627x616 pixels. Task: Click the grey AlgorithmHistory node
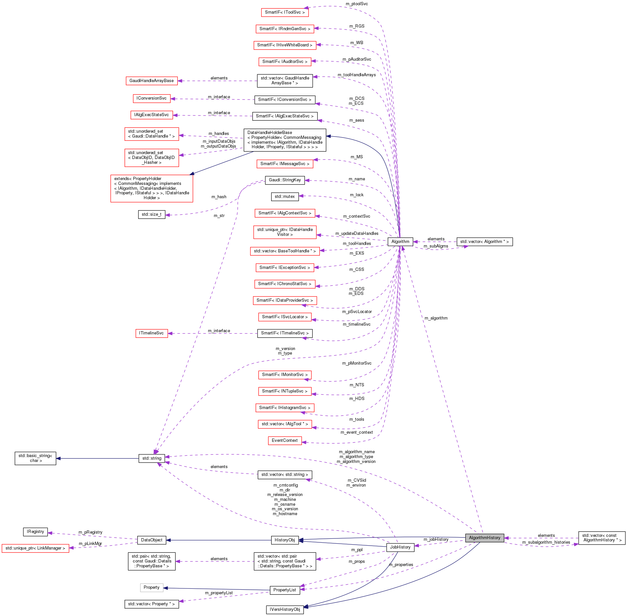484,538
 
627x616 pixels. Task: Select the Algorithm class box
400,242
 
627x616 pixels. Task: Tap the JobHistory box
400,547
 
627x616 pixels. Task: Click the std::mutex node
284,197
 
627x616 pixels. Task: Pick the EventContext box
284,441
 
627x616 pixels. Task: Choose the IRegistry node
35,532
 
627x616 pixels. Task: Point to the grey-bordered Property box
151,587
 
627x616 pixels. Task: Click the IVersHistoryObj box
284,610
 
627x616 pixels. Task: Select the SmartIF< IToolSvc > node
284,12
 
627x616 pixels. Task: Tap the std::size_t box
151,214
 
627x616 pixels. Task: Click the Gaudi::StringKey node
284,180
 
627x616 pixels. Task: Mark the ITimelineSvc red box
151,333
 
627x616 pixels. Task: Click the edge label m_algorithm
436,318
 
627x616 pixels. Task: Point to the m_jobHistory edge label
436,539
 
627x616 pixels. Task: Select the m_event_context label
356,432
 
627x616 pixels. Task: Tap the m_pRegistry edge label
90,532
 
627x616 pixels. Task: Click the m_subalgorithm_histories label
546,542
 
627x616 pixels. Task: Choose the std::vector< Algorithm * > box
484,242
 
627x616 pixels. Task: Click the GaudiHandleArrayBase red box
151,81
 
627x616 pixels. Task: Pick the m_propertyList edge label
219,593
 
